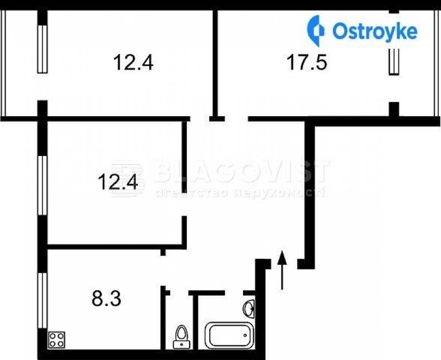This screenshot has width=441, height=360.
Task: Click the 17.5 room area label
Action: coord(307,63)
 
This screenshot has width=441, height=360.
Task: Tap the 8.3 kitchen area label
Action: coord(107,298)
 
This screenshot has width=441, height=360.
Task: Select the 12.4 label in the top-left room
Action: coord(133,63)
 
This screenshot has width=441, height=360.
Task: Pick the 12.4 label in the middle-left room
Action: coord(118,183)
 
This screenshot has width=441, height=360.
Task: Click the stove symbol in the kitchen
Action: coord(57,339)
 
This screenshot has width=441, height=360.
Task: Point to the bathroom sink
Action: coord(249,309)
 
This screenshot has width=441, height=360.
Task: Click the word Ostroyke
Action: coord(375,31)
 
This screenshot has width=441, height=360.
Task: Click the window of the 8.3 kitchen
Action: coord(42,300)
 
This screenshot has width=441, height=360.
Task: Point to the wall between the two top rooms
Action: coord(216,59)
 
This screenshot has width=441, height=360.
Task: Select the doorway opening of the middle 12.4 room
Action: coord(184,205)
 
